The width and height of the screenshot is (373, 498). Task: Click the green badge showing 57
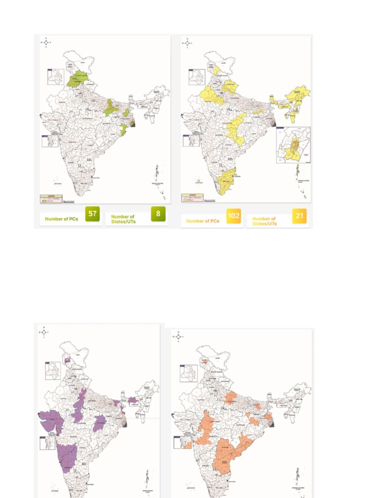tap(92, 214)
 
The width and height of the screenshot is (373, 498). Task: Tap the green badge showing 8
tap(158, 214)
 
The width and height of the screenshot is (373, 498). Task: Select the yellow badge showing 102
tap(234, 216)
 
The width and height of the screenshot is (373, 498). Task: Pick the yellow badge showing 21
tap(299, 216)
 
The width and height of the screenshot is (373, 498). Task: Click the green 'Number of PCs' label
tap(62, 219)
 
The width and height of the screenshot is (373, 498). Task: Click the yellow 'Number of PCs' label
tap(203, 221)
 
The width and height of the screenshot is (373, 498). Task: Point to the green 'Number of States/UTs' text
tap(123, 219)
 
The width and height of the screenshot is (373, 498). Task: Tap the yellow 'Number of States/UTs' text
tap(264, 221)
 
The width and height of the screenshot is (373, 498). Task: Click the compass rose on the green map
tap(46, 42)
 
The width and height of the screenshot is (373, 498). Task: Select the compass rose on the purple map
tap(44, 332)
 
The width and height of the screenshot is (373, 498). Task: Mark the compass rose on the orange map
tap(179, 337)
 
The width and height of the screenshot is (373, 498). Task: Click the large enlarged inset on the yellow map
tap(293, 145)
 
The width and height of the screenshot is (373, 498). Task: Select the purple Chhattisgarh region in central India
tap(101, 423)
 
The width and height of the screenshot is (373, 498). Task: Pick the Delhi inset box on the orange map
tap(188, 373)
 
